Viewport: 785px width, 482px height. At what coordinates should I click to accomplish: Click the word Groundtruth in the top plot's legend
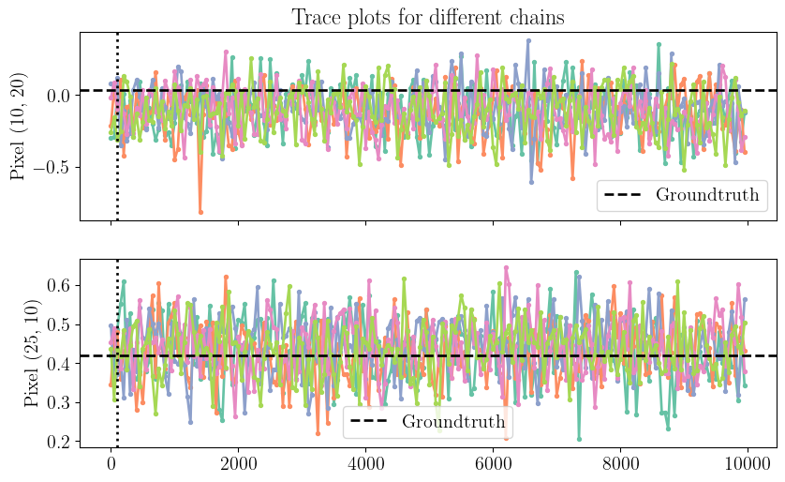tap(706, 196)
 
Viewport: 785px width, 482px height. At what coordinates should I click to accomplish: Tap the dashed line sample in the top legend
tap(626, 196)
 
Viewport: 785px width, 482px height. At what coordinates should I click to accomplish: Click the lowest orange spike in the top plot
tap(200, 212)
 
